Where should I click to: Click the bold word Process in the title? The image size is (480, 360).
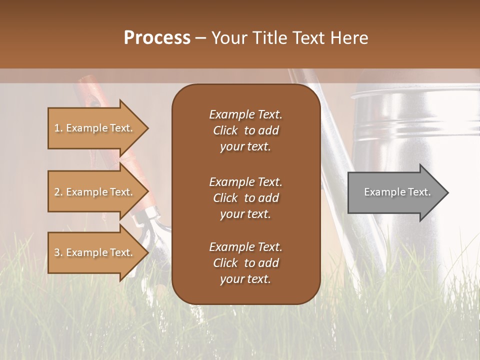tap(157, 38)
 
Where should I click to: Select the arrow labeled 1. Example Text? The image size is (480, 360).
tap(95, 128)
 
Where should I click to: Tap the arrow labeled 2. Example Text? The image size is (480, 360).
tap(95, 192)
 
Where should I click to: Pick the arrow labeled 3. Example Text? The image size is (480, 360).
tap(95, 252)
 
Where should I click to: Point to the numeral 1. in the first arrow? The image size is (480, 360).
tap(58, 128)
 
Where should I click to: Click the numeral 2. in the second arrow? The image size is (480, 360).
tap(58, 192)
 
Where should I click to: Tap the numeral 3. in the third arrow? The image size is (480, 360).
tap(58, 252)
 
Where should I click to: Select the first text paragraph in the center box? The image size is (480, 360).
tap(245, 130)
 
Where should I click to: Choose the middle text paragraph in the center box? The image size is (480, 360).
tap(245, 198)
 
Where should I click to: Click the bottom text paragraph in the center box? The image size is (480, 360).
tap(245, 263)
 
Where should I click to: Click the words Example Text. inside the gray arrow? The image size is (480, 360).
tap(397, 192)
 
